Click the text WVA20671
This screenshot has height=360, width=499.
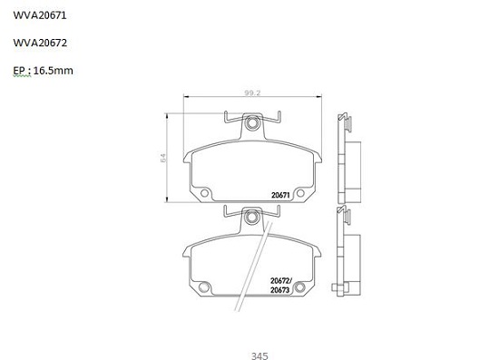pos(40,15)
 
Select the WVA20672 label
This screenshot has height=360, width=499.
pos(40,43)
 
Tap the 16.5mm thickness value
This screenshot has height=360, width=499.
pos(54,71)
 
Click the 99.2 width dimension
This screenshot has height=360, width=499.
pos(252,92)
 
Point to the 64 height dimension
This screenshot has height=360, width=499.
pos(163,158)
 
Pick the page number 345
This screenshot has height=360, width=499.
pos(259,355)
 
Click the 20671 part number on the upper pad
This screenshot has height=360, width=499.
pos(280,195)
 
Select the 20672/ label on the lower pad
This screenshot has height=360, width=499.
pos(281,281)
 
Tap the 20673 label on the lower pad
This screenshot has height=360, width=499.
pos(279,290)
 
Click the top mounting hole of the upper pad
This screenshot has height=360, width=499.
pos(253,122)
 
